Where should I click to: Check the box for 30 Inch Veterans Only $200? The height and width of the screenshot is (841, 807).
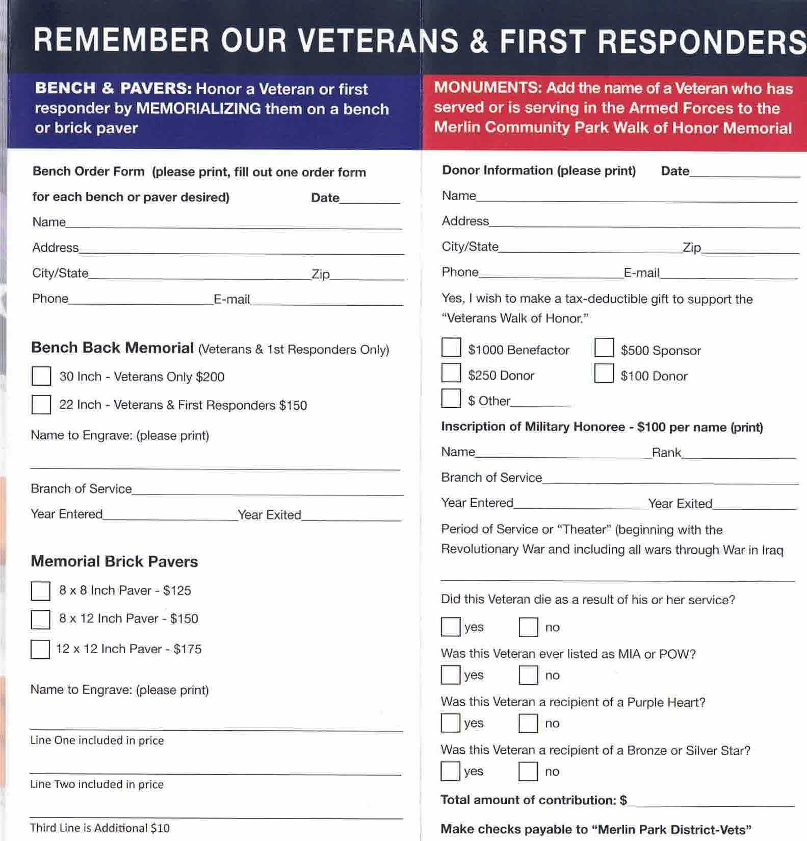41,376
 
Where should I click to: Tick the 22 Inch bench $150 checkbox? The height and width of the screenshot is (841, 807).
41,404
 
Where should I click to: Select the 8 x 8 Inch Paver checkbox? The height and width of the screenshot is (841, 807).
41,591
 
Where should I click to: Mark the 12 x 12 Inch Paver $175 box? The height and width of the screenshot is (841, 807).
40,649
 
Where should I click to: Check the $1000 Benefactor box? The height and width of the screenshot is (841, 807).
451,348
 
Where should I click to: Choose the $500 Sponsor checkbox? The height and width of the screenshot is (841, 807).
604,348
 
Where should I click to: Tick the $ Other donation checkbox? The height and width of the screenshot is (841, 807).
451,399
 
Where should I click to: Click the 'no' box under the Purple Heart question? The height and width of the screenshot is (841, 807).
528,723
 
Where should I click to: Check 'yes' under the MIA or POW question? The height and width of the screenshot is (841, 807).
451,675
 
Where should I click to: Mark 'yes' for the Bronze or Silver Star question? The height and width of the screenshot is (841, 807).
451,771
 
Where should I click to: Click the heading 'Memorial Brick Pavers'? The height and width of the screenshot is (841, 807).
114,561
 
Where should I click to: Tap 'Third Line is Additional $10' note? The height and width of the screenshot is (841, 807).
99,828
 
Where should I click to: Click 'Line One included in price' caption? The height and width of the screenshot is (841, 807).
97,740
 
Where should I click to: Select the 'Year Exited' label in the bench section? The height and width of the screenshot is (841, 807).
269,514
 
